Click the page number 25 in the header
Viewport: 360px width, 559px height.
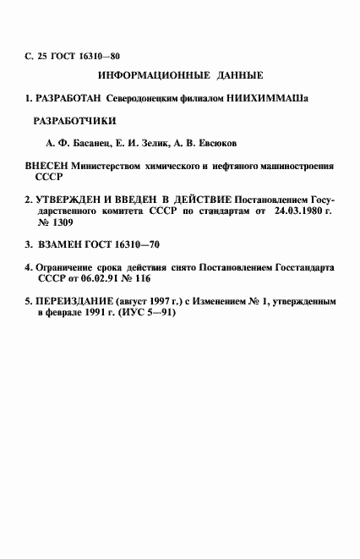42,58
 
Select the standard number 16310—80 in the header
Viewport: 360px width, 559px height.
95,58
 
